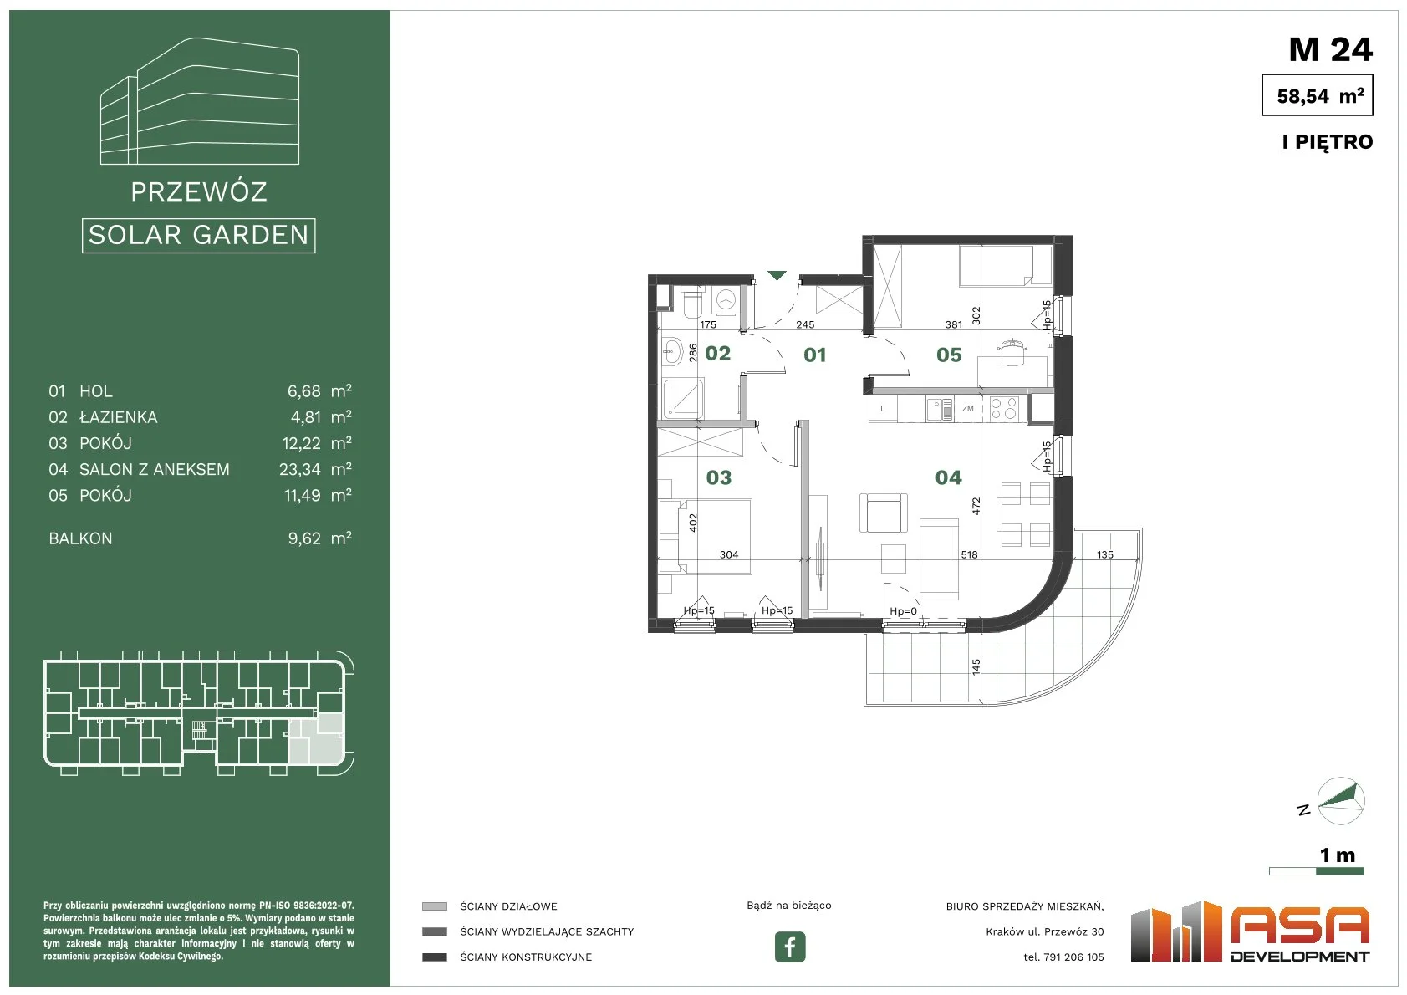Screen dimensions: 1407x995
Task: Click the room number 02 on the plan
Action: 717,354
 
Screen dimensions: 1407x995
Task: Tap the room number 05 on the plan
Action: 949,355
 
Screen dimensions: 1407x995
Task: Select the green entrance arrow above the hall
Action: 777,275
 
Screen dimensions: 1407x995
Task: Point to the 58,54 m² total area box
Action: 1318,94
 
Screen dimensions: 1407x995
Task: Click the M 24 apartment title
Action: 1330,49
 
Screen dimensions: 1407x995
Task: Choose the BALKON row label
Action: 80,538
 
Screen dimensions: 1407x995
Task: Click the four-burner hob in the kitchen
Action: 1003,408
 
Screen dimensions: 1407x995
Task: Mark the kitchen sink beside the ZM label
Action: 940,409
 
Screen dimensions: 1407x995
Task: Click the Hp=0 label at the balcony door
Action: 903,611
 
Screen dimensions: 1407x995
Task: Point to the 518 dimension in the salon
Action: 969,554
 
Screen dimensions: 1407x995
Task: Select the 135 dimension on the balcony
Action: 1104,554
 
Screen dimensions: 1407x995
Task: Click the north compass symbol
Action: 1340,801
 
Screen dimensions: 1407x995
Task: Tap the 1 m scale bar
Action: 1317,871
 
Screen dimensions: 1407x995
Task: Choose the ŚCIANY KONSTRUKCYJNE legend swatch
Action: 435,957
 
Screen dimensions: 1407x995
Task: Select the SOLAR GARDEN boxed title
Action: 198,236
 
